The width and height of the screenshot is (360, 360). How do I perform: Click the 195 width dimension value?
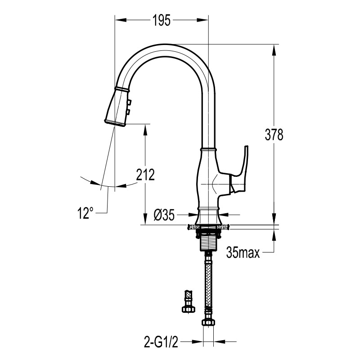coord(162,20)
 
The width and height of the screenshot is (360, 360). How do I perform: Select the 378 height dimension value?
coord(274,135)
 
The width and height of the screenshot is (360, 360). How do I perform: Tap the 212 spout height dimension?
coord(145,175)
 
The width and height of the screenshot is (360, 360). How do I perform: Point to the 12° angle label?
coord(85,213)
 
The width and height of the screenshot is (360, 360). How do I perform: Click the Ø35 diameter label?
coord(164,215)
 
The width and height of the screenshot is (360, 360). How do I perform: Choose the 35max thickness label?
coord(243,252)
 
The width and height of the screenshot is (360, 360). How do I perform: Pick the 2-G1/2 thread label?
coord(161,342)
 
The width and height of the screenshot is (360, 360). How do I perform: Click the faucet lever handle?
coord(239,170)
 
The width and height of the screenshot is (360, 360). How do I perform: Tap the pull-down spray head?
coord(117,106)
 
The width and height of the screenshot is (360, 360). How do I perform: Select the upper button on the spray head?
coord(130,101)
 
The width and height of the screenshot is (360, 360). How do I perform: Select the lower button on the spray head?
coord(128,112)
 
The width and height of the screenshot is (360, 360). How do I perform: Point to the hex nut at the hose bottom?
coord(208,322)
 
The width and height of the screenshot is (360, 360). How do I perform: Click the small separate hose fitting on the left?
coord(189,301)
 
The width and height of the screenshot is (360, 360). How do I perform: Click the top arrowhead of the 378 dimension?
coord(274,50)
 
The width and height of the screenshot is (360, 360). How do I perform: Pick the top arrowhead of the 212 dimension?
coord(145,130)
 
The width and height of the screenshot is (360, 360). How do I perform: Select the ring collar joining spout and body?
coord(208,149)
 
